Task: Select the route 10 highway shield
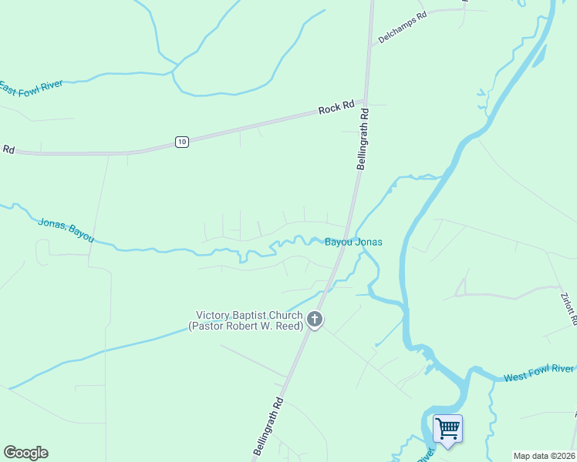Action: pyautogui.click(x=181, y=141)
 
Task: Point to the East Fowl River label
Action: pyautogui.click(x=32, y=89)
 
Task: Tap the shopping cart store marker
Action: pyautogui.click(x=447, y=429)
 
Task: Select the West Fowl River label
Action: pyautogui.click(x=540, y=374)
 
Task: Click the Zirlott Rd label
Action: pyautogui.click(x=569, y=306)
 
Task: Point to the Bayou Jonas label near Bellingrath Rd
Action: pyautogui.click(x=353, y=242)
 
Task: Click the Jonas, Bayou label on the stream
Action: pyautogui.click(x=66, y=229)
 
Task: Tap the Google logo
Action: pyautogui.click(x=25, y=453)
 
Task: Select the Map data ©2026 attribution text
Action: pyautogui.click(x=543, y=456)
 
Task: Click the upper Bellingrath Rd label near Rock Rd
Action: pyautogui.click(x=363, y=139)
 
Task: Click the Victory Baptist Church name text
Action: pyautogui.click(x=248, y=315)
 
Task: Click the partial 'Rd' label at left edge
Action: pyautogui.click(x=8, y=149)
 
